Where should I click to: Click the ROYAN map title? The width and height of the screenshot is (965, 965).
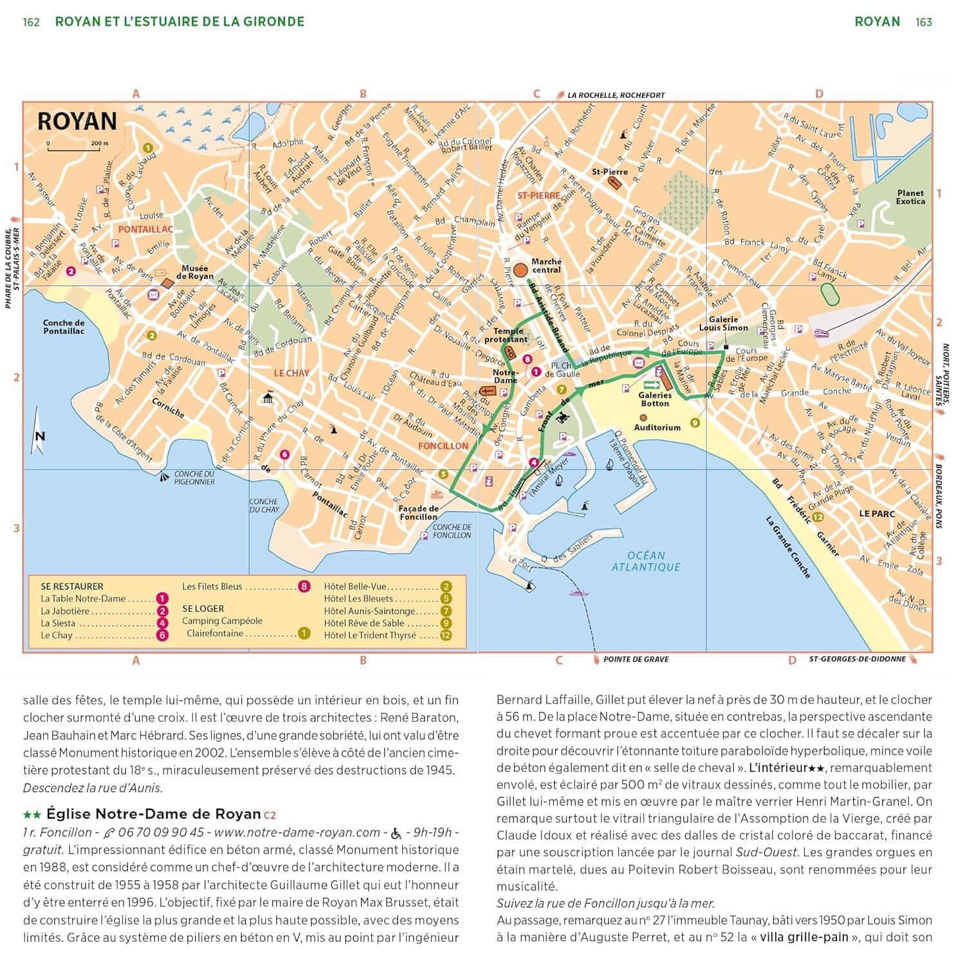tap(77, 122)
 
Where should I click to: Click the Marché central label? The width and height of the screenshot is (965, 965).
tap(546, 266)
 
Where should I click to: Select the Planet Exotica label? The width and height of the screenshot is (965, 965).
tap(910, 197)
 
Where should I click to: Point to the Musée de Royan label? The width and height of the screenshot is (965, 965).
tap(194, 272)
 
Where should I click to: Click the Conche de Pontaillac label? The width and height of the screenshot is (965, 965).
tap(64, 327)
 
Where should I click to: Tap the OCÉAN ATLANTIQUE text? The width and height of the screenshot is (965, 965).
tap(646, 561)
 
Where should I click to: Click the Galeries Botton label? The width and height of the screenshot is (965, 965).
tap(655, 400)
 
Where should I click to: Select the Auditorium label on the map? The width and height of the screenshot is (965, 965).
tap(657, 427)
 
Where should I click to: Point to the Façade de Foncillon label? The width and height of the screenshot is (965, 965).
tap(418, 513)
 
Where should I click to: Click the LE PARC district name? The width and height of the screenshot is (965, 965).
tap(877, 514)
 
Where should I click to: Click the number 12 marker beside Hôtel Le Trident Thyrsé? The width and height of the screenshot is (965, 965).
tap(445, 636)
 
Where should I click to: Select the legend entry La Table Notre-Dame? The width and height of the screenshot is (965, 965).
tap(83, 599)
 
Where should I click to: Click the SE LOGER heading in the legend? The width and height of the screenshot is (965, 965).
tap(203, 609)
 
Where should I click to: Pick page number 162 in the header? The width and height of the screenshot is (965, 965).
tap(31, 23)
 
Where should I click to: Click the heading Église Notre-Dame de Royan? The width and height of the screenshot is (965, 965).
tap(154, 814)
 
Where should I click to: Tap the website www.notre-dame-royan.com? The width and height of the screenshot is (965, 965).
tap(297, 832)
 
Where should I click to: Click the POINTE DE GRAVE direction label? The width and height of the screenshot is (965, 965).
tap(636, 659)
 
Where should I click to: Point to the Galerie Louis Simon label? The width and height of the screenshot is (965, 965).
tap(723, 324)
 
